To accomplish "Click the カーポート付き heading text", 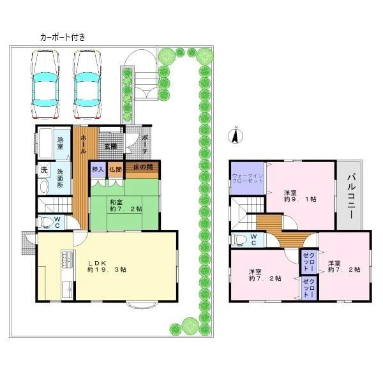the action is click(63, 37).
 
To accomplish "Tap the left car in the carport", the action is click(45, 84).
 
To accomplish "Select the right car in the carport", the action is click(87, 84).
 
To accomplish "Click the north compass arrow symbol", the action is click(236, 136).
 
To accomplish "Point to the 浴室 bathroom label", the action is click(60, 144).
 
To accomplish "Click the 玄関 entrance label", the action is click(110, 147).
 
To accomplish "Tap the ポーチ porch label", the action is click(145, 144).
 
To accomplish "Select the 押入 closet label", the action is click(98, 169).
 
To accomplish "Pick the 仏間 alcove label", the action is click(116, 169).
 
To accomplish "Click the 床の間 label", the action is click(143, 167).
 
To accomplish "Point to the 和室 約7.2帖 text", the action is click(126, 206).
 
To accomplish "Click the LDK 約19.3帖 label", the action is click(107, 266).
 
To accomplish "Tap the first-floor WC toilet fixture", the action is click(47, 222).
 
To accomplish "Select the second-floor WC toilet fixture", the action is click(239, 239).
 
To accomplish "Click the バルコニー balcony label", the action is click(351, 196).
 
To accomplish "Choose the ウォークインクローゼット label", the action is click(248, 178).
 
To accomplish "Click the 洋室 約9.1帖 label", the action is click(300, 196).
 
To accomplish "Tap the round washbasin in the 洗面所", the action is click(45, 187).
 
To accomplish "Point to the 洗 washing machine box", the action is click(43, 169).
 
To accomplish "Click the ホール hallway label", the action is click(84, 144).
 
